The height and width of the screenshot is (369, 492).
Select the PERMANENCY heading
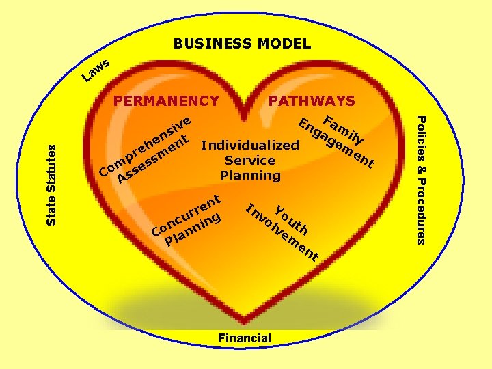166,101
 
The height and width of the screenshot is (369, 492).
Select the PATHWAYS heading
312,101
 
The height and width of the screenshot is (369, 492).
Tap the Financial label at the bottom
244,338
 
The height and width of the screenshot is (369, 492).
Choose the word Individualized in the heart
250,145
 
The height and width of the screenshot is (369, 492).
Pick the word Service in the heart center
250,160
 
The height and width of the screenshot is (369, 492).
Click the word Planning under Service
250,175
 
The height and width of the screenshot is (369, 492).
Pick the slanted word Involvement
280,232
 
